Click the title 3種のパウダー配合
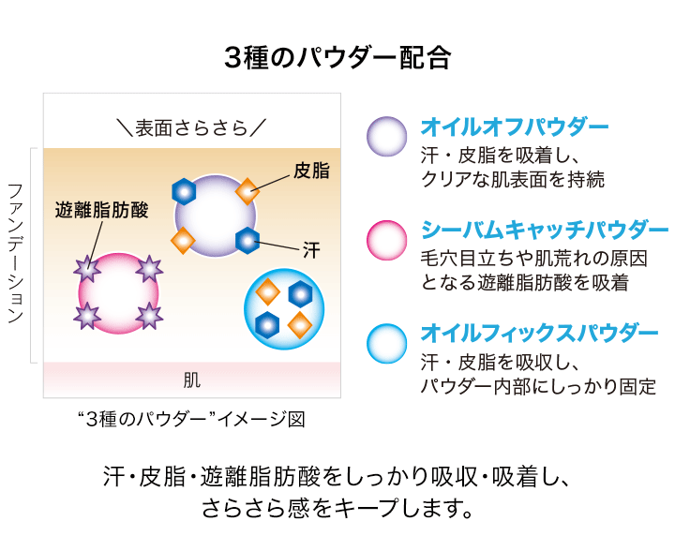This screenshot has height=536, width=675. pos(337,58)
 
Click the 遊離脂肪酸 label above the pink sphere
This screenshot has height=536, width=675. pos(102,209)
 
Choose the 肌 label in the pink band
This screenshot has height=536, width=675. pos(191,380)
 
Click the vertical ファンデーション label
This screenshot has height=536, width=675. pos(15,253)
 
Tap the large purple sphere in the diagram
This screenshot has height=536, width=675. pos(216,215)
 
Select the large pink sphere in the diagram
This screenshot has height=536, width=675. pos(118,292)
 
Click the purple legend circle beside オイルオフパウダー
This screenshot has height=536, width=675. pos(386,137)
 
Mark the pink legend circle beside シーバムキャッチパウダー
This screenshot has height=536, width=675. pos(386,241)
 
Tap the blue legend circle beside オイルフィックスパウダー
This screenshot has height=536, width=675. pos(386,343)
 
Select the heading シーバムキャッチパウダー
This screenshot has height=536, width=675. pos(544,230)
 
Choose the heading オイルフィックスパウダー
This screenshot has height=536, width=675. pos(539,333)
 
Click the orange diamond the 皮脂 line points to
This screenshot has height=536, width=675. pos(247,190)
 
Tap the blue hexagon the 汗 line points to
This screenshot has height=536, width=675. pos(247,240)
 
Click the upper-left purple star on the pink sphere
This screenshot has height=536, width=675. pos(87,269)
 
